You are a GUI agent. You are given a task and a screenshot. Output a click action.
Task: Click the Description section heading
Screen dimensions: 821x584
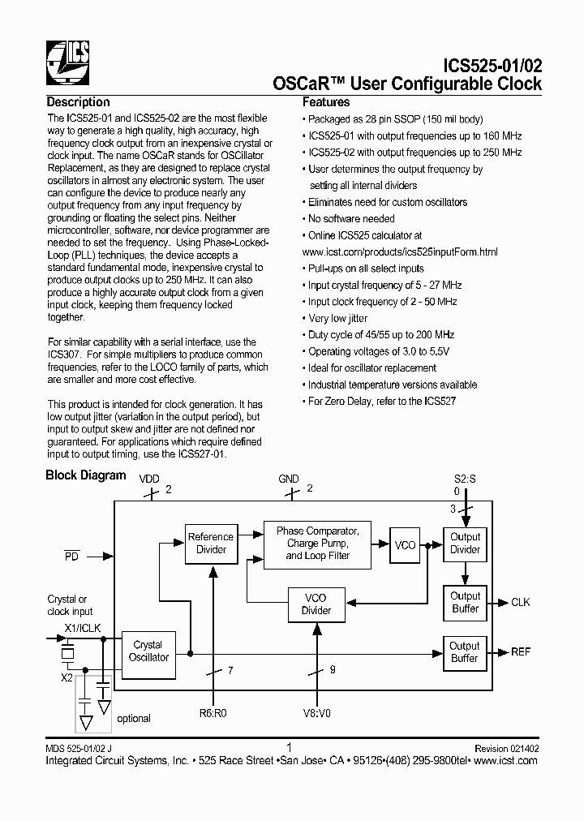(x=78, y=102)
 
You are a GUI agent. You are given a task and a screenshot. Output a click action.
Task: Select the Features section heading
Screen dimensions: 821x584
(x=326, y=102)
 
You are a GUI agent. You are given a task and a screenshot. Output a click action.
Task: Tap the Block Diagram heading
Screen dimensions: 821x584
(x=85, y=475)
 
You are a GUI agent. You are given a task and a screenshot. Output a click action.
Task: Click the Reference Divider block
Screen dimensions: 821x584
(x=211, y=544)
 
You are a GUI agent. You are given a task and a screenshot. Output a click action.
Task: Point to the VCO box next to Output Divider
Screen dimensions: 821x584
(x=405, y=545)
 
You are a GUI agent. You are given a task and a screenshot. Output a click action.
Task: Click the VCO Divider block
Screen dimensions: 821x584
(x=316, y=604)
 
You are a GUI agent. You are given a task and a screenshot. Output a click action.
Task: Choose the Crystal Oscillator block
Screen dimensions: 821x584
(x=148, y=651)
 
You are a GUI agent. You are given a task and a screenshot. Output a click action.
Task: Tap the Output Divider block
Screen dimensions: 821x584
(x=466, y=543)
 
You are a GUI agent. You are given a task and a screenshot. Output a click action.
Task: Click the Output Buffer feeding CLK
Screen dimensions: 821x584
(x=466, y=602)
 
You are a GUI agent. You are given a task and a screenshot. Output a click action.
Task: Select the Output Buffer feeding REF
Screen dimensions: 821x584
(x=465, y=652)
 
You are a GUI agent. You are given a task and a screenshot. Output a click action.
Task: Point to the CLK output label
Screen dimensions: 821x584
(x=520, y=603)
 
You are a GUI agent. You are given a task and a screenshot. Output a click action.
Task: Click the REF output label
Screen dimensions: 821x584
(x=520, y=652)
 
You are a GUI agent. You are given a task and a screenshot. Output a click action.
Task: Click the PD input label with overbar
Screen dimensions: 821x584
(x=71, y=557)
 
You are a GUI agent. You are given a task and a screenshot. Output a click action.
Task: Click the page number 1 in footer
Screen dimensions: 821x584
(x=290, y=747)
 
